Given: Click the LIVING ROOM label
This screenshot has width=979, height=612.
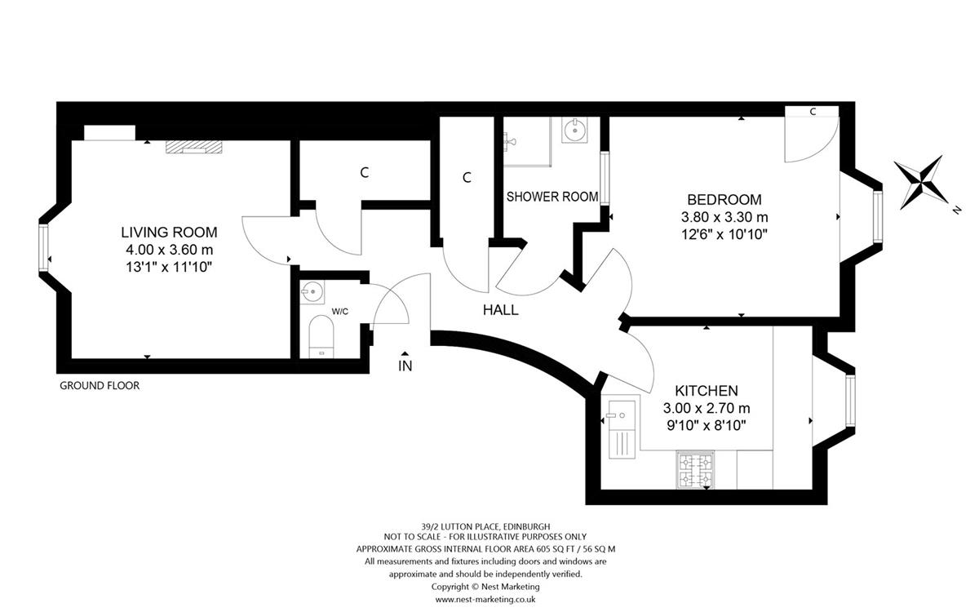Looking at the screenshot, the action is click(169, 232).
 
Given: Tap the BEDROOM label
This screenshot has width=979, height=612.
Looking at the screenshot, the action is click(724, 200).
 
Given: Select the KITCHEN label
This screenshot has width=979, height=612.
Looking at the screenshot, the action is click(707, 390).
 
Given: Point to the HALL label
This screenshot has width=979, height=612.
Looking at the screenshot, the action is click(500, 310).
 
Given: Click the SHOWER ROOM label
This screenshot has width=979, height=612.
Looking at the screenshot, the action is click(552, 197).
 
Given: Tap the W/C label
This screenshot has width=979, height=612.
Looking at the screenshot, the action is click(340, 312).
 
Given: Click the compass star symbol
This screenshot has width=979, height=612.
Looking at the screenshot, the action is click(920, 183).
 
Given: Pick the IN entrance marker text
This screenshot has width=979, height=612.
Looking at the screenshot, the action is click(405, 366).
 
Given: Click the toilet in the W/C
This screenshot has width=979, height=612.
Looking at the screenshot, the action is click(321, 336).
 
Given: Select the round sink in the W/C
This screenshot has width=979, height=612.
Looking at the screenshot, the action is click(312, 292).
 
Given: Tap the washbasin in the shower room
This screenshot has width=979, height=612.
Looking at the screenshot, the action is click(574, 130).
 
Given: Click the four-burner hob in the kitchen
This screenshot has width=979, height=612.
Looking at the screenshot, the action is click(695, 470).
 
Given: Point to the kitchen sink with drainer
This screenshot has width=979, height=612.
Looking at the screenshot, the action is click(622, 429).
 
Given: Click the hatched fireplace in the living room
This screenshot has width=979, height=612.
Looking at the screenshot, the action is click(193, 148).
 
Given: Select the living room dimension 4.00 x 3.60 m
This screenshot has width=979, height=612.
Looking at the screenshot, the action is click(170, 250).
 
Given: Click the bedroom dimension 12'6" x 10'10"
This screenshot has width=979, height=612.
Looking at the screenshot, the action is click(724, 235).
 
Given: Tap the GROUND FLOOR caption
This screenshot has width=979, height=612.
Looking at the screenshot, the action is click(100, 385).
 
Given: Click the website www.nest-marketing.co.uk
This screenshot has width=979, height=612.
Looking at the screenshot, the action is click(485, 599).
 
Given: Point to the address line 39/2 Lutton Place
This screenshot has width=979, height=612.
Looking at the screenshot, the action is click(485, 527).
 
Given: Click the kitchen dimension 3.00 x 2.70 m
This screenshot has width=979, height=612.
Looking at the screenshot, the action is click(707, 408).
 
